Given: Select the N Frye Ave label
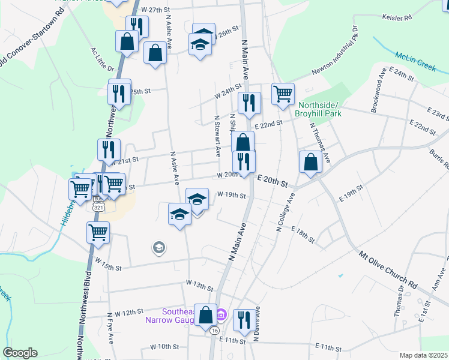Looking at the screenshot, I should pyautogui.click(x=110, y=327).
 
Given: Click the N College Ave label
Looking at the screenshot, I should pyautogui.click(x=285, y=212).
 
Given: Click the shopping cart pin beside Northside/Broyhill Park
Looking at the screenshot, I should pyautogui.click(x=283, y=94).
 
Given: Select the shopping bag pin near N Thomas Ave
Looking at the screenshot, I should pyautogui.click(x=310, y=162).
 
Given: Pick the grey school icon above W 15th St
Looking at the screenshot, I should pyautogui.click(x=158, y=247).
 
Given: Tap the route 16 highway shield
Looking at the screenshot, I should pyautogui.click(x=214, y=329).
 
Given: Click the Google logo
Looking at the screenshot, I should pyautogui.click(x=20, y=353).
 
